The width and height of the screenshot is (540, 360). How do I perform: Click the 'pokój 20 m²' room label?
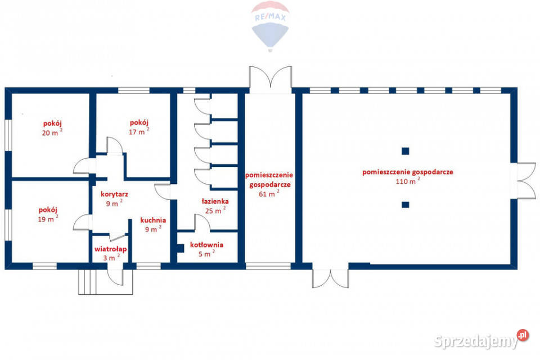click(x=52, y=128)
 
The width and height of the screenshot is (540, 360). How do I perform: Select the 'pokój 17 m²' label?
click(x=139, y=127)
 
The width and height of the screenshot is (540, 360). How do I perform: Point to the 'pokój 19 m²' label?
click(x=48, y=214)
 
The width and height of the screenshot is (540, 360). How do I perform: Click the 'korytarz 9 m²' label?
click(x=114, y=199)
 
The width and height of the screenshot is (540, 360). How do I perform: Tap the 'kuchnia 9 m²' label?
click(x=153, y=224)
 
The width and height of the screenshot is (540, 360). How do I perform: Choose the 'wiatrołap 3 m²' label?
click(x=111, y=253)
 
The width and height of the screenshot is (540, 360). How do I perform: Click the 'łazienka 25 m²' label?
click(x=215, y=206)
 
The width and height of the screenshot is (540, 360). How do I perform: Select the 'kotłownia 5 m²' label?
click(x=206, y=249)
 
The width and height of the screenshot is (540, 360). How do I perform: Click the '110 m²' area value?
click(x=408, y=181)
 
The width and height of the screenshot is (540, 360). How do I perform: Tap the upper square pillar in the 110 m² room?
click(x=406, y=151)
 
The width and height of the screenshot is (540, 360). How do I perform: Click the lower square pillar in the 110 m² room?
click(x=406, y=205)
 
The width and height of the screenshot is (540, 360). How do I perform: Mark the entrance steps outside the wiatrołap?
click(x=105, y=282)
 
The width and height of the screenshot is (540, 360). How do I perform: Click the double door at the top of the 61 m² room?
click(x=271, y=79)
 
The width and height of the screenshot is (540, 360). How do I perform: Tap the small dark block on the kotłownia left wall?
click(x=180, y=249)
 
